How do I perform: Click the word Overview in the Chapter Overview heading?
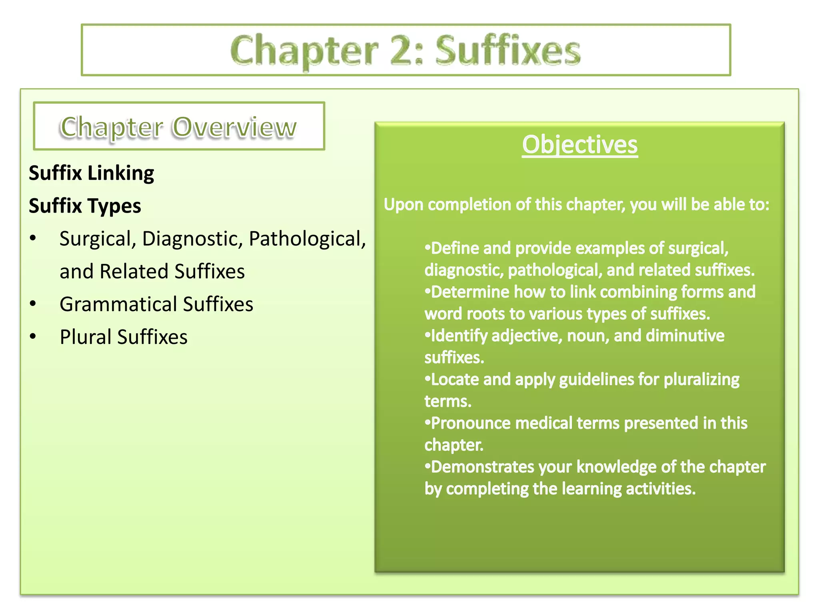pyautogui.click(x=234, y=127)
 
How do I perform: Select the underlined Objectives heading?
pyautogui.click(x=579, y=145)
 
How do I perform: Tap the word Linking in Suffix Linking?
pyautogui.click(x=120, y=174)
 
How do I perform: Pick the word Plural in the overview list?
pyautogui.click(x=85, y=337)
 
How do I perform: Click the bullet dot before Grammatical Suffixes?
pyautogui.click(x=33, y=304)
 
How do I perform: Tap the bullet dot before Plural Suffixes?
pyautogui.click(x=33, y=337)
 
